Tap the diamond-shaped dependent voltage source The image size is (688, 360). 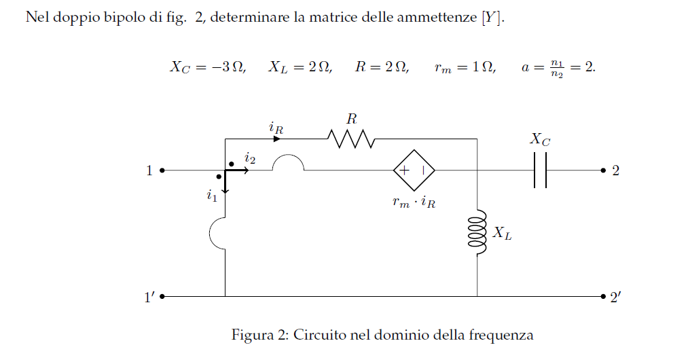[x=414, y=170]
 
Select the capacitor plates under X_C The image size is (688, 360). [x=540, y=170]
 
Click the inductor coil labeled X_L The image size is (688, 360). [x=477, y=232]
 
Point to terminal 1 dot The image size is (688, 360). [x=162, y=170]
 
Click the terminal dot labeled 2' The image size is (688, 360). [x=603, y=296]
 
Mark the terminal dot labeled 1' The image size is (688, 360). [x=162, y=296]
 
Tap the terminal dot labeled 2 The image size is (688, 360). [x=603, y=170]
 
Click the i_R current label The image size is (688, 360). [x=276, y=128]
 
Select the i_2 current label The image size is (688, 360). [x=250, y=158]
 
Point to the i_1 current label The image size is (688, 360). [x=212, y=195]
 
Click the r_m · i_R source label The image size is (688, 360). [x=414, y=202]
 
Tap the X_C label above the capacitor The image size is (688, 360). [x=540, y=139]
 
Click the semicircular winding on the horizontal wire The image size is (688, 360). [x=288, y=155]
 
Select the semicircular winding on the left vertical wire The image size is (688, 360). [x=210, y=233]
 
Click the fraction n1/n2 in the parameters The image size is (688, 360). [x=557, y=69]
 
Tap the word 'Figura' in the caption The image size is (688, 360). [x=252, y=335]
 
